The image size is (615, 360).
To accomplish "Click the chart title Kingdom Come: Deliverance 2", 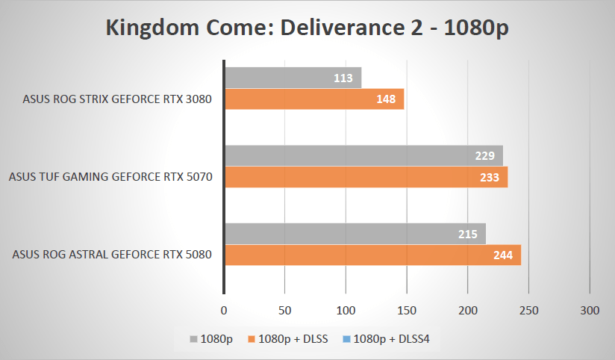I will point(307,30).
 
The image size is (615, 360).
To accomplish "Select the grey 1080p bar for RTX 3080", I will point(293,78).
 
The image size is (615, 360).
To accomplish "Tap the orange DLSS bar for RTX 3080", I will point(313,99).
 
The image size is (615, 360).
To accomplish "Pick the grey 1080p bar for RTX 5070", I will point(363,155).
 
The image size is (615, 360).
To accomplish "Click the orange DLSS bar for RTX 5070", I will point(366,177).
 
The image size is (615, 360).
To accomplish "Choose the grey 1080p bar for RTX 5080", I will point(355,233).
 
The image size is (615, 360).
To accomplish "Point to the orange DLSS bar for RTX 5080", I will point(372,255).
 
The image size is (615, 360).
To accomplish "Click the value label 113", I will point(346,78).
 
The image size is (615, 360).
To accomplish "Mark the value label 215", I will point(469,233).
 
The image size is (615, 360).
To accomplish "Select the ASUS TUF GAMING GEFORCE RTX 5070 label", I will point(110,177).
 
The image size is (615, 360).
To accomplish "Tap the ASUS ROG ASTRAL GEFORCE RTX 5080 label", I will point(113,255).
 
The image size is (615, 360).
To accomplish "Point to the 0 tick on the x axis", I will point(224,309).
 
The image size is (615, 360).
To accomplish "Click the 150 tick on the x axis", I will point(407,309).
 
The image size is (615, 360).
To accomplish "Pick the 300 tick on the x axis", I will point(590,309).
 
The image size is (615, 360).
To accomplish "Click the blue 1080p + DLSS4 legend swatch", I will point(347,340).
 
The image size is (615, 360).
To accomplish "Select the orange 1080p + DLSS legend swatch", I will point(252,340).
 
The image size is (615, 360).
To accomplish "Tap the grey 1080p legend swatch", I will point(194,340).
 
